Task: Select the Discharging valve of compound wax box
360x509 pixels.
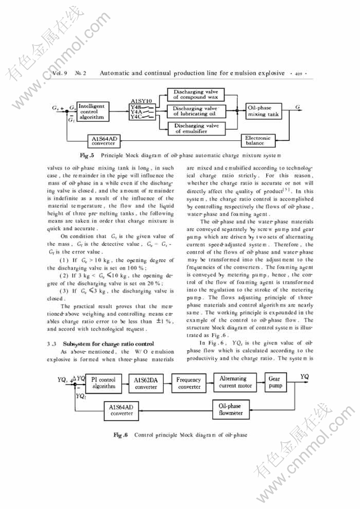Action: click(196, 94)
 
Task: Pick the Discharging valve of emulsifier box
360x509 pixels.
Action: click(196, 128)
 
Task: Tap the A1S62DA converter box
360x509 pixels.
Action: click(146, 383)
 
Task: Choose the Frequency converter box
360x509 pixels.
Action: click(188, 383)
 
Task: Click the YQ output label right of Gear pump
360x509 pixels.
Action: click(304, 376)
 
